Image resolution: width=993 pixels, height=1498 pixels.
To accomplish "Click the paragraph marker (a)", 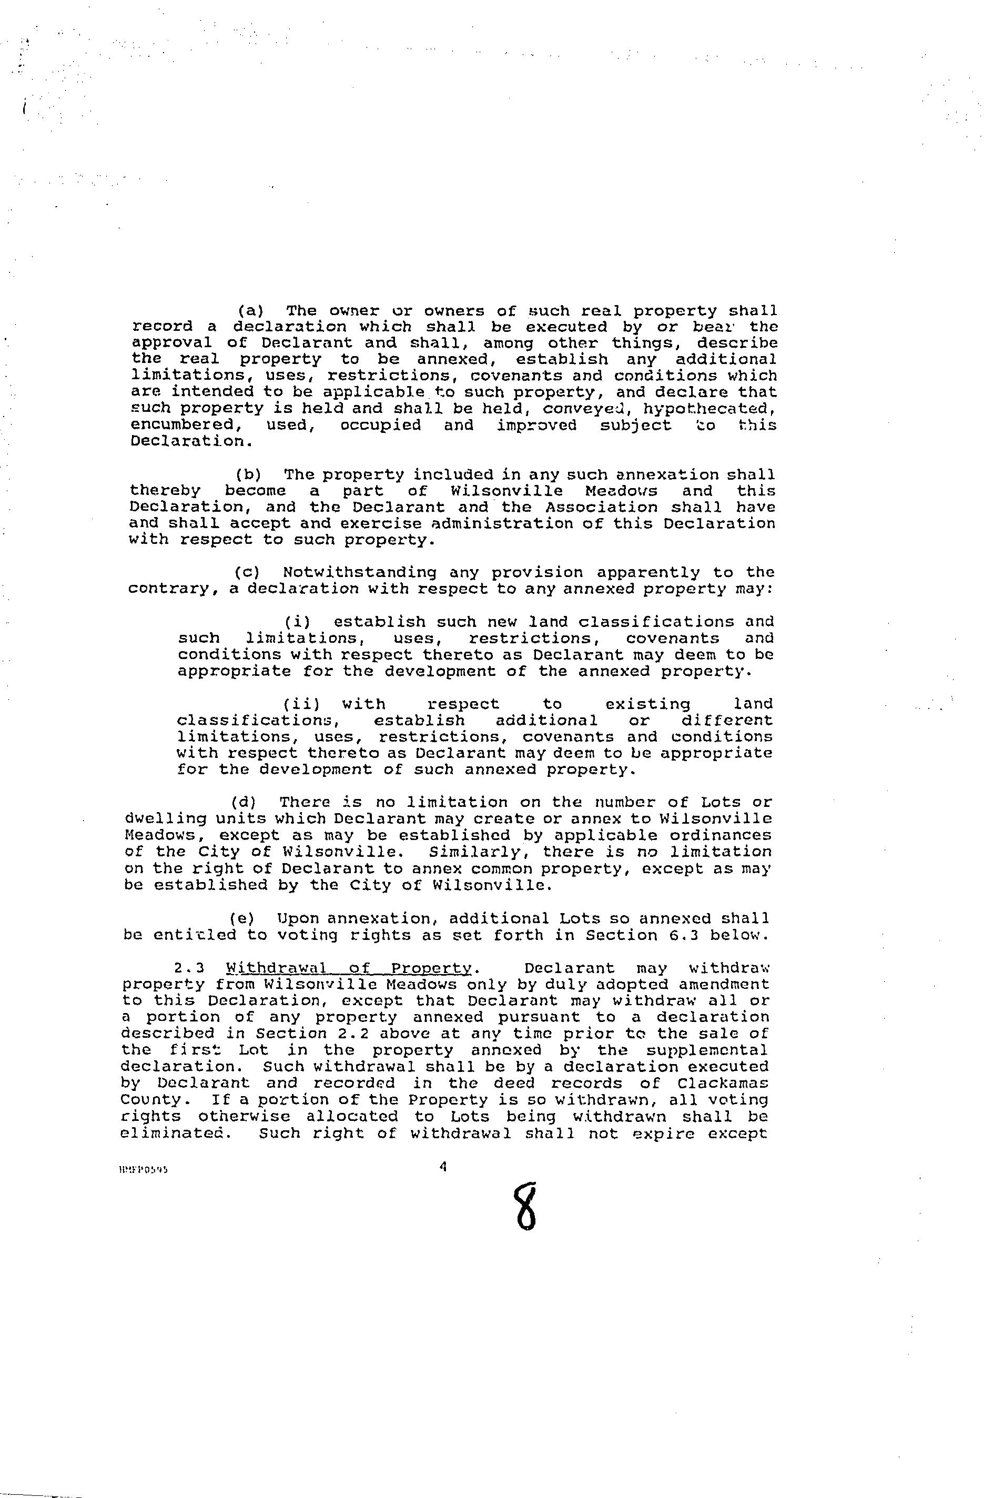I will point(250,311).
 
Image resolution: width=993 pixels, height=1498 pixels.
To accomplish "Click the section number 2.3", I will point(189,967).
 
